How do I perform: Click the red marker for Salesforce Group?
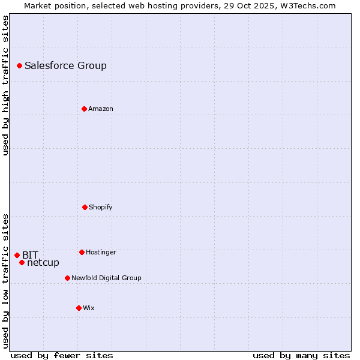pyautogui.click(x=19, y=65)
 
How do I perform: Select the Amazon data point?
pyautogui.click(x=84, y=109)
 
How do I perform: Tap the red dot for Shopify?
pyautogui.click(x=85, y=207)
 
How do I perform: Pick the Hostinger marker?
pyautogui.click(x=82, y=252)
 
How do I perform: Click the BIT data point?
pyautogui.click(x=17, y=255)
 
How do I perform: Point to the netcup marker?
pyautogui.click(x=22, y=262)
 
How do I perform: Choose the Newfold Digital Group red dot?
pyautogui.click(x=67, y=278)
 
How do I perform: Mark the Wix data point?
pyautogui.click(x=79, y=308)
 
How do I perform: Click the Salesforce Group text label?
pyautogui.click(x=65, y=66)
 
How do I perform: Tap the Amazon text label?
pyautogui.click(x=100, y=109)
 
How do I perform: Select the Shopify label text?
pyautogui.click(x=100, y=208)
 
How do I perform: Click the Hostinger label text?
pyautogui.click(x=101, y=253)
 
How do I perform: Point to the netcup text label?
pyautogui.click(x=43, y=263)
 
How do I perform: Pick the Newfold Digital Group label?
pyautogui.click(x=106, y=278)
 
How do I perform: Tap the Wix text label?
pyautogui.click(x=88, y=308)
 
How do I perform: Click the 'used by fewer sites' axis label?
pyautogui.click(x=62, y=355)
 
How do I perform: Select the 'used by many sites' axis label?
pyautogui.click(x=301, y=355)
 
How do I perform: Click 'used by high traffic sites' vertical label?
pyautogui.click(x=5, y=85)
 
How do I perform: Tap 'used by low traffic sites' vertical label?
pyautogui.click(x=5, y=281)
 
